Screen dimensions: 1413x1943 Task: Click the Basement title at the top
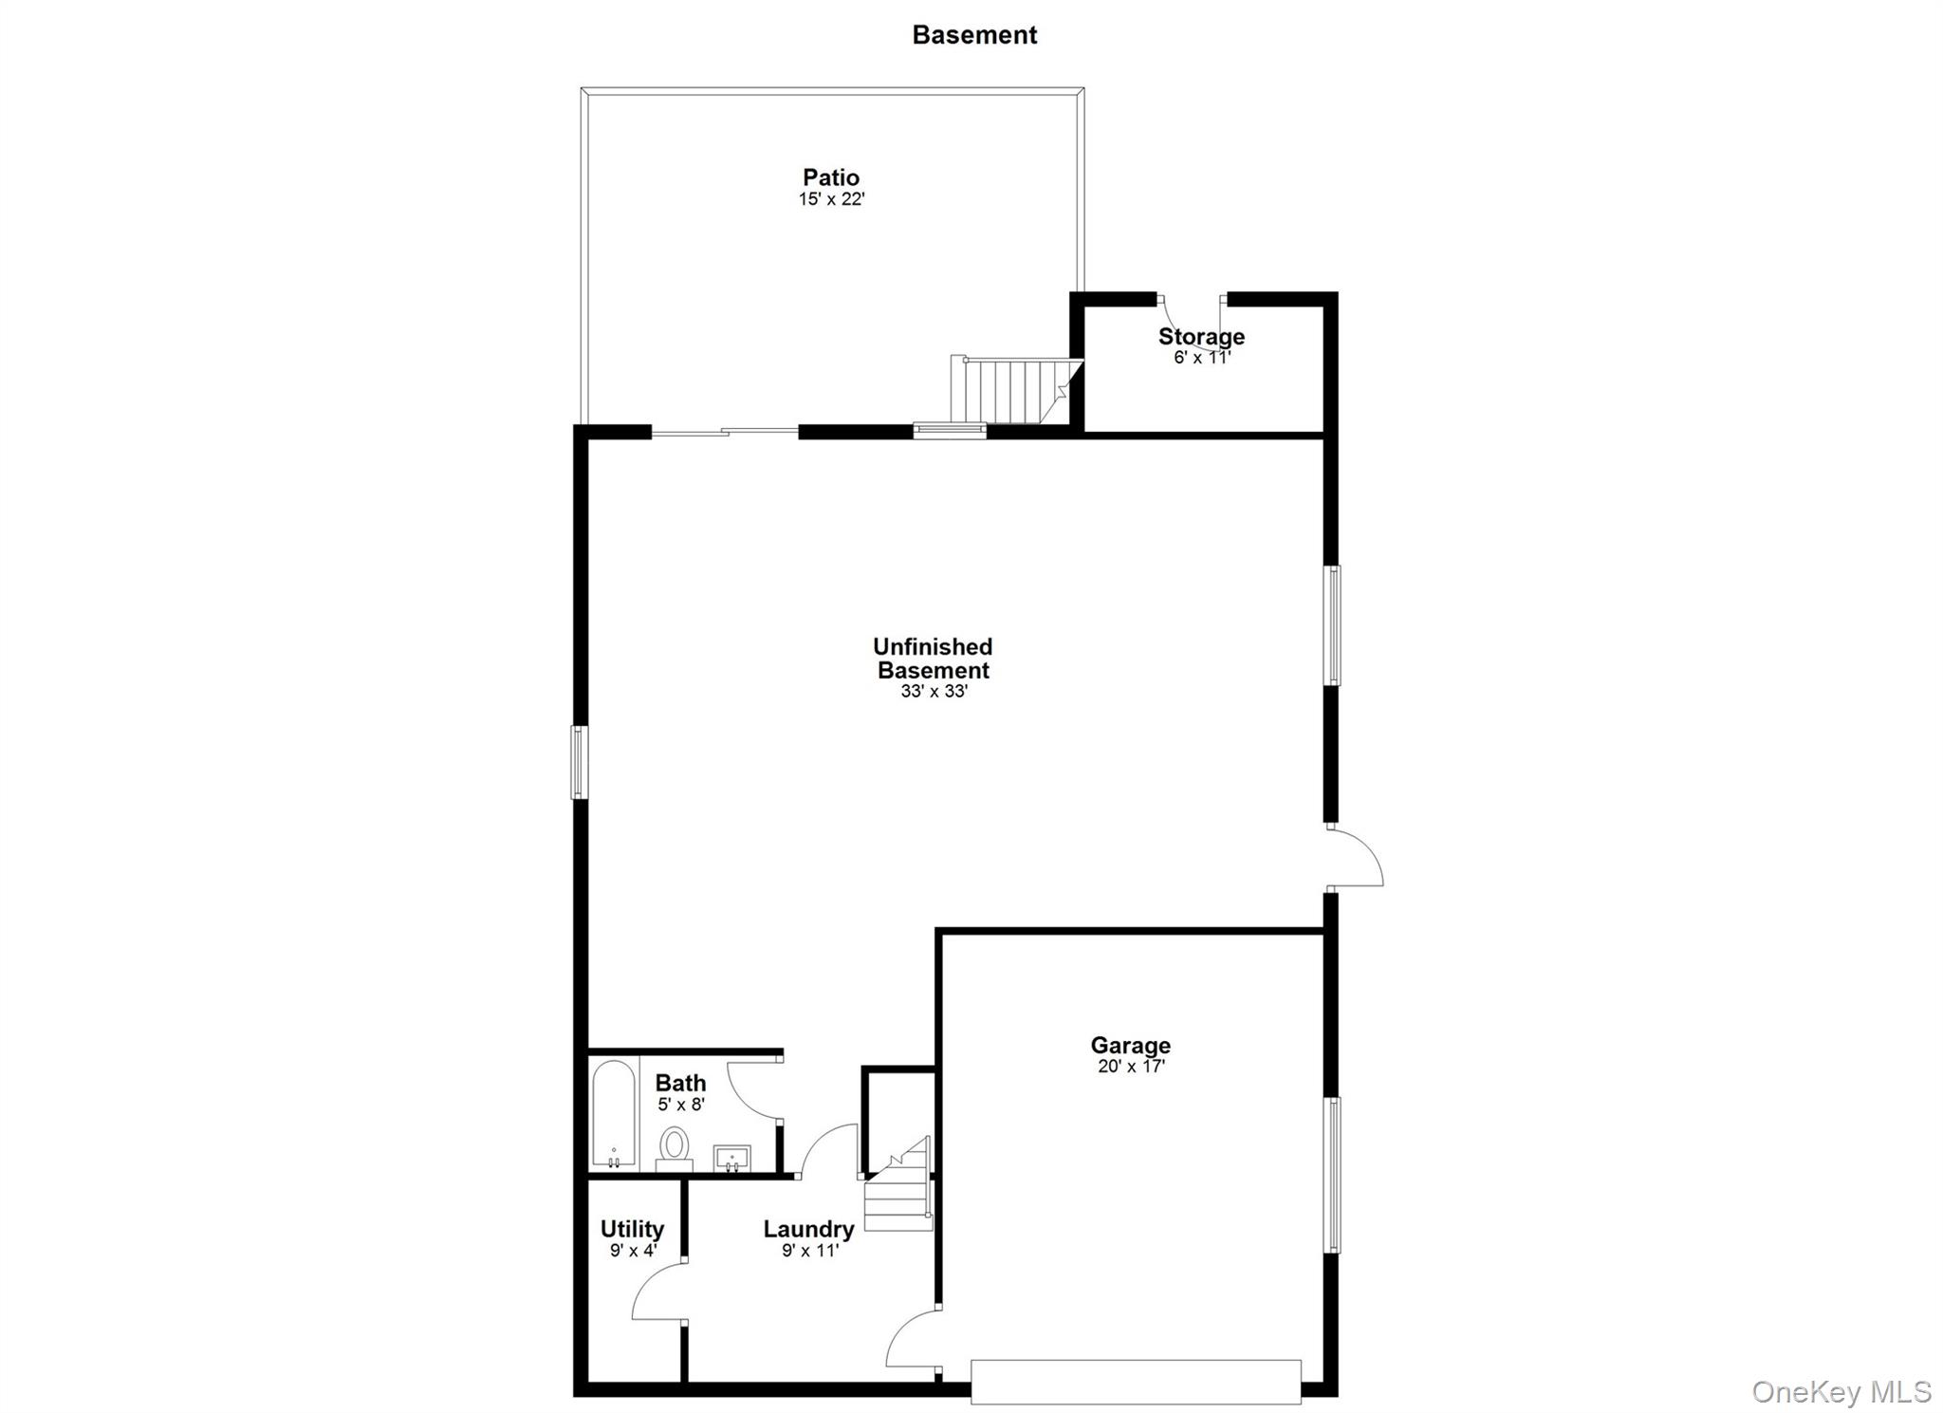click(x=974, y=35)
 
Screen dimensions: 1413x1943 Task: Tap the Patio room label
click(x=831, y=177)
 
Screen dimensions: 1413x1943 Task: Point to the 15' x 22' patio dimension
click(x=831, y=199)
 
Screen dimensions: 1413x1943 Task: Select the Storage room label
click(x=1201, y=337)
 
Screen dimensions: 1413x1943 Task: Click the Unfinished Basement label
click(x=933, y=659)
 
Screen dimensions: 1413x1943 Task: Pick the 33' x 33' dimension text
click(x=934, y=692)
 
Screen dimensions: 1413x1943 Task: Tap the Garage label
click(x=1130, y=1046)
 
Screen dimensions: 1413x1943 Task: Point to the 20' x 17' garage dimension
click(x=1131, y=1067)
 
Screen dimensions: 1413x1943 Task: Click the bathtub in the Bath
click(x=613, y=1112)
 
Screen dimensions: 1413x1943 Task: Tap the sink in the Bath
click(x=731, y=1158)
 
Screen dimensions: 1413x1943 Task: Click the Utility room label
click(x=632, y=1230)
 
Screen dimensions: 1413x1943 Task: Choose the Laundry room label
click(x=808, y=1230)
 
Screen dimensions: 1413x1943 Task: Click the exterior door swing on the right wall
click(x=1355, y=858)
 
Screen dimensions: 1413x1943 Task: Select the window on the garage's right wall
click(x=1332, y=1175)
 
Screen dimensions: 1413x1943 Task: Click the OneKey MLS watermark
click(x=1841, y=1392)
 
